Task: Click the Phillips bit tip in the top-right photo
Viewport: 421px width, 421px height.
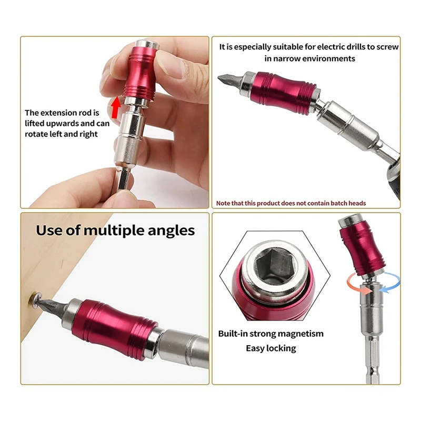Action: [x=225, y=79]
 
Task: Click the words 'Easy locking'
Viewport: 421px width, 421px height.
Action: [x=270, y=348]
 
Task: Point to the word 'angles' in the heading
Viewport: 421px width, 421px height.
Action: [x=169, y=230]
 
